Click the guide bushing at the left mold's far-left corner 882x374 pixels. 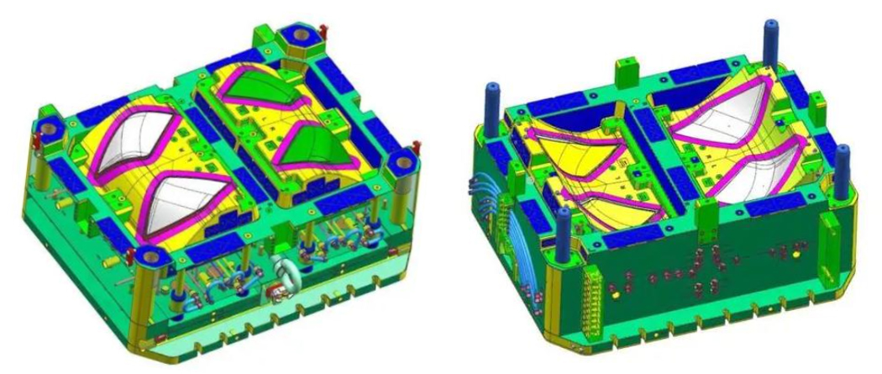click(49, 129)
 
